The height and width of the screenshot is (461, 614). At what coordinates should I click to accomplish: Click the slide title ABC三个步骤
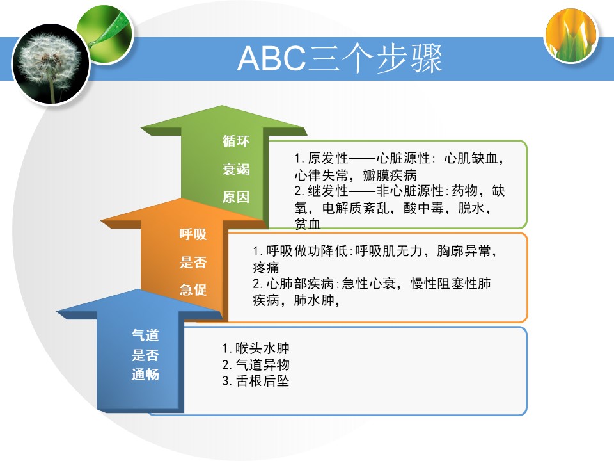click(x=340, y=59)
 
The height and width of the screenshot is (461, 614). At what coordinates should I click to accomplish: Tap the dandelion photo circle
click(x=51, y=64)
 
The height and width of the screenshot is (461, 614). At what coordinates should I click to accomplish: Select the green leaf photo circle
click(x=104, y=34)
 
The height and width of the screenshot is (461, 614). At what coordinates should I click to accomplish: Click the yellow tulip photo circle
click(x=571, y=35)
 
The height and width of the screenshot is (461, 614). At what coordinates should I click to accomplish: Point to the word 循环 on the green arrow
click(x=236, y=141)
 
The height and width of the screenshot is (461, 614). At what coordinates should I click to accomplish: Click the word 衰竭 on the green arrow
click(x=236, y=169)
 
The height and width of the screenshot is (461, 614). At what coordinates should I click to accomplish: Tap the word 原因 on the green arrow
click(x=236, y=197)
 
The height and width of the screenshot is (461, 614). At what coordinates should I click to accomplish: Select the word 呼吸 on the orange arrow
click(x=193, y=234)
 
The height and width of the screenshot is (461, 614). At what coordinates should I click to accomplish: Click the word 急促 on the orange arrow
click(x=193, y=289)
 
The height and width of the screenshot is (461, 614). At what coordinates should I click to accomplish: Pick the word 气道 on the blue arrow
click(x=145, y=335)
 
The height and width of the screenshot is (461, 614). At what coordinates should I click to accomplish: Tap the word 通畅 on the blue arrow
click(x=145, y=375)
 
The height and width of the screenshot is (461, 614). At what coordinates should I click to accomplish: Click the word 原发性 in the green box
click(x=327, y=158)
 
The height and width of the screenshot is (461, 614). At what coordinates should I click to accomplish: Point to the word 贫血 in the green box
click(x=308, y=224)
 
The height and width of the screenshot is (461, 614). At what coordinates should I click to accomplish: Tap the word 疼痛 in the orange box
click(x=266, y=268)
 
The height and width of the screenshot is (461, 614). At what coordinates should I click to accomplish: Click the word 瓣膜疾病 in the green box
click(x=390, y=175)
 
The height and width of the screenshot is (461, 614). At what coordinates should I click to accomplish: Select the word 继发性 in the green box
click(x=327, y=191)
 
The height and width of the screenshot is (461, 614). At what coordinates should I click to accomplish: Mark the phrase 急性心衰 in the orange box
click(x=369, y=284)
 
